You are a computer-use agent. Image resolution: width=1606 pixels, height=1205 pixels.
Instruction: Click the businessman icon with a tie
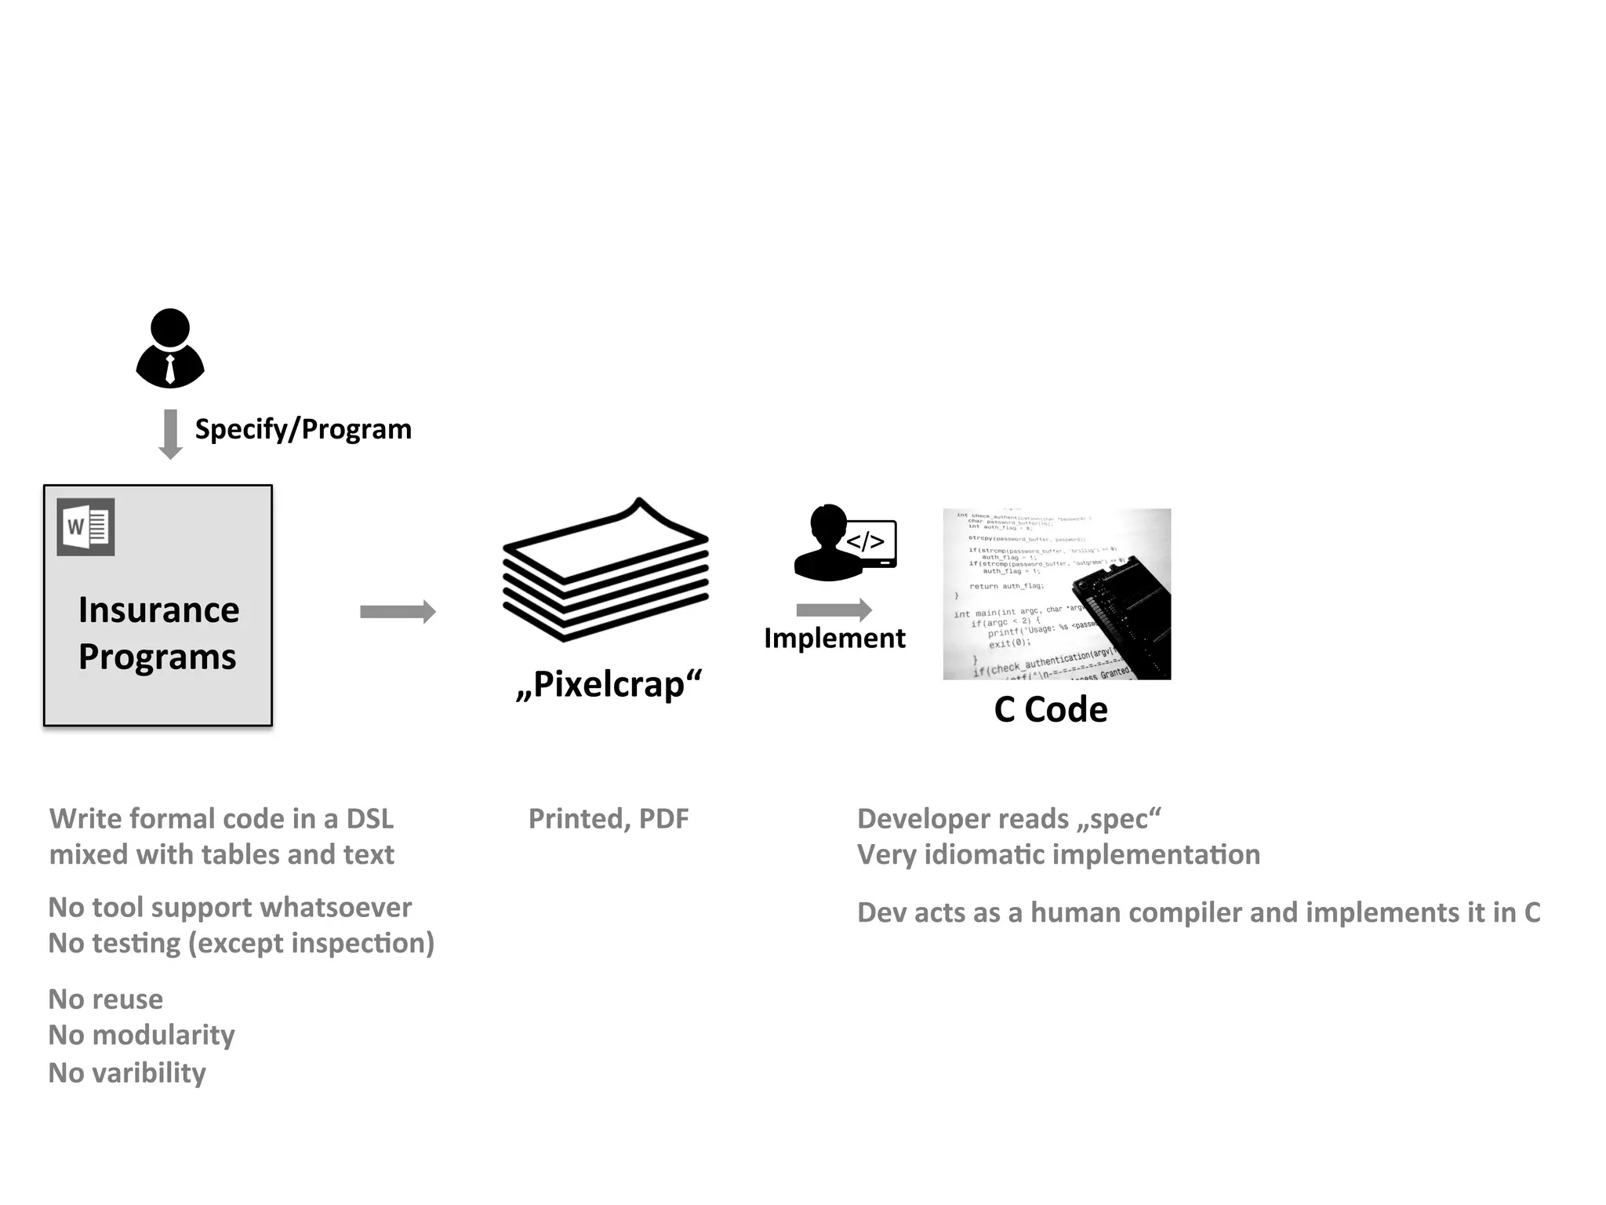pyautogui.click(x=170, y=348)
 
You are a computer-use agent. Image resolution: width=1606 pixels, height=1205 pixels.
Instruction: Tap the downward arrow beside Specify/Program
pyautogui.click(x=170, y=434)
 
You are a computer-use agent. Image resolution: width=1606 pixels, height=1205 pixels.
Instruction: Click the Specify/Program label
pyautogui.click(x=303, y=429)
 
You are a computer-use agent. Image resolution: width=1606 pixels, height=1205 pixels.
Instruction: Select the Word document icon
pyautogui.click(x=86, y=527)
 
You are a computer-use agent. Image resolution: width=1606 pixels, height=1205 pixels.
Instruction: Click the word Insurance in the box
pyautogui.click(x=158, y=610)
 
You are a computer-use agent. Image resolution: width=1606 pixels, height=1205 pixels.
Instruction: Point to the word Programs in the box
pyautogui.click(x=157, y=657)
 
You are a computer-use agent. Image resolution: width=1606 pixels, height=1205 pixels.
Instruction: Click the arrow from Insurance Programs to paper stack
pyautogui.click(x=398, y=612)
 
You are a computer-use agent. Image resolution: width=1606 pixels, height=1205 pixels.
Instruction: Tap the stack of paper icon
pyautogui.click(x=605, y=570)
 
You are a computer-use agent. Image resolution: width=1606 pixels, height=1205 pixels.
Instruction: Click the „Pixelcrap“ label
pyautogui.click(x=609, y=684)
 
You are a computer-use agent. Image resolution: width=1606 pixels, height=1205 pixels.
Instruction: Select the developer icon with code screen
pyautogui.click(x=845, y=543)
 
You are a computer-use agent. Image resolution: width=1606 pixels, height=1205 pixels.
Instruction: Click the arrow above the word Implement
pyautogui.click(x=834, y=610)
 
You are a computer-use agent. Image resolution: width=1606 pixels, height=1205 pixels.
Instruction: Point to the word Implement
pyautogui.click(x=834, y=639)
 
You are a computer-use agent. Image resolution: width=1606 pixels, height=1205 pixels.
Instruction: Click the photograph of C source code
pyautogui.click(x=1056, y=594)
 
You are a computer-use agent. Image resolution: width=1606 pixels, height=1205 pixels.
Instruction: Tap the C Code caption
pyautogui.click(x=1050, y=710)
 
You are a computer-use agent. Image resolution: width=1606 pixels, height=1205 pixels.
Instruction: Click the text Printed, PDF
pyautogui.click(x=609, y=819)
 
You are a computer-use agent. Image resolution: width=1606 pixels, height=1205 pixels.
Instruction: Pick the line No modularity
pyautogui.click(x=141, y=1036)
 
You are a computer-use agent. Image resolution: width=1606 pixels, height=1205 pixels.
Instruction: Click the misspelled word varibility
pyautogui.click(x=149, y=1073)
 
